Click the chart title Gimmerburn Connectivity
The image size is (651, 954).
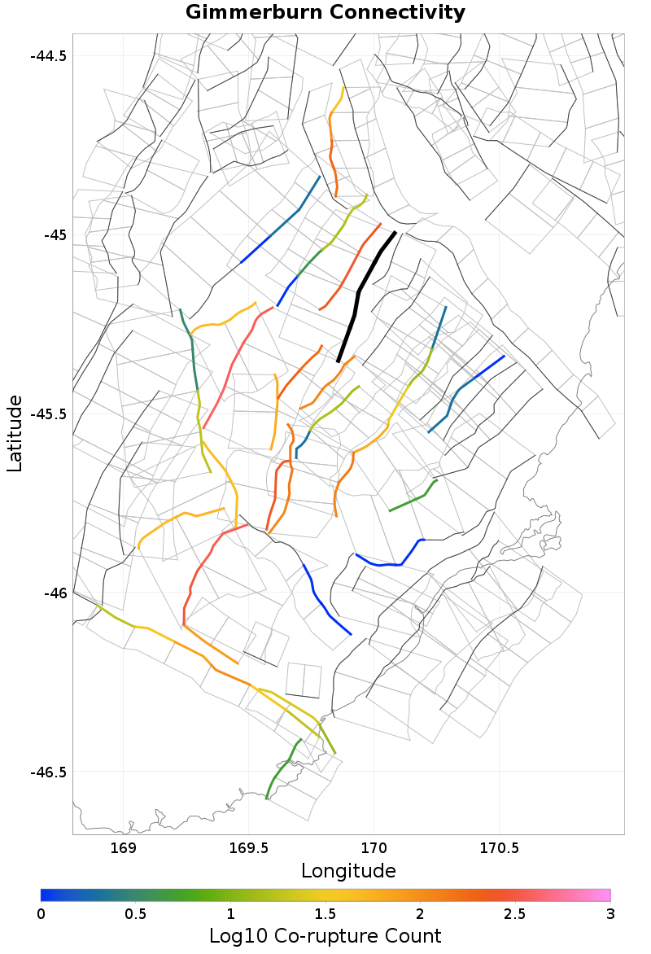(325, 13)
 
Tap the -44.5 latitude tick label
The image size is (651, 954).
(49, 56)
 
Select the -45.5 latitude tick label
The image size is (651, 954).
(49, 414)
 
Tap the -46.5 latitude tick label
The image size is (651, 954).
(49, 772)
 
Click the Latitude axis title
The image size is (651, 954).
(15, 433)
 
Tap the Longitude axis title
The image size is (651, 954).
(348, 871)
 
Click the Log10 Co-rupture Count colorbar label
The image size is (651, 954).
(325, 935)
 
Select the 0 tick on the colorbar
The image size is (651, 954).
(42, 913)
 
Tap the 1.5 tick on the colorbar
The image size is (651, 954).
(326, 913)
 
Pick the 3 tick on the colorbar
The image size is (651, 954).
(610, 913)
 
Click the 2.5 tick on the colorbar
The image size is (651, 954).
(515, 913)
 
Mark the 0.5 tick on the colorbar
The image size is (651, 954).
(136, 913)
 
